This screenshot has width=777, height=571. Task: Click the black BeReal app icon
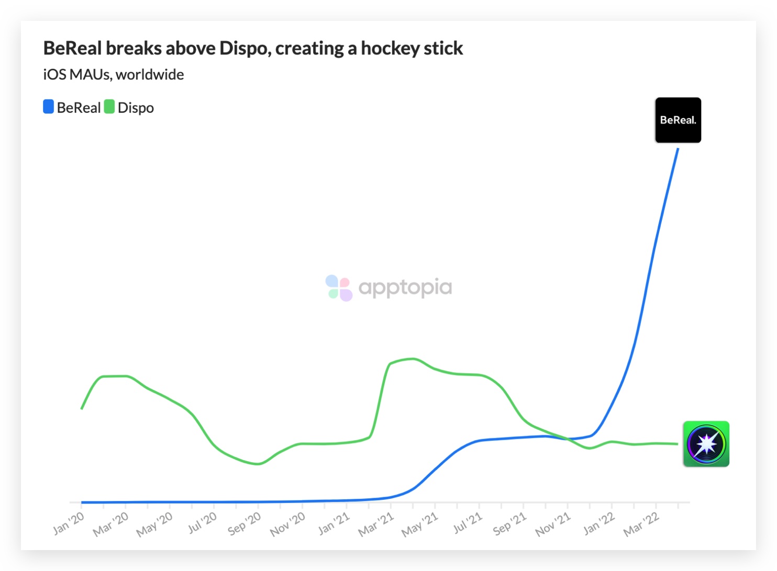678,120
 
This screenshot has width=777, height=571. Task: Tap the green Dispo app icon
706,444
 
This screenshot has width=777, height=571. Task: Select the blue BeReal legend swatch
48,107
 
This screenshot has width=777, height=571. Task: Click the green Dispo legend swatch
109,107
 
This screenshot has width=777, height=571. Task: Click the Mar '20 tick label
111,524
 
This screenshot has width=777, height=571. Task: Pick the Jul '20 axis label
203,523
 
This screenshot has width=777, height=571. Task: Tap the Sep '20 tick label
245,524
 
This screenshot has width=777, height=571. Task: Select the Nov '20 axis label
288,524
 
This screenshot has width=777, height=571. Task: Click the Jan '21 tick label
334,523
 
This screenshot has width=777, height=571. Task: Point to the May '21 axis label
420,524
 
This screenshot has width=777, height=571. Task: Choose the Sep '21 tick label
510,524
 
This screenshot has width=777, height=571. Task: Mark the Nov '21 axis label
553,524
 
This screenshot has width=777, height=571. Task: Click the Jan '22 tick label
600,523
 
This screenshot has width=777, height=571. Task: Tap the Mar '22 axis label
641,524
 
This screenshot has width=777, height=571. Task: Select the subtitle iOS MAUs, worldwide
114,75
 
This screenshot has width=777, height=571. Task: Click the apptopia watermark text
405,288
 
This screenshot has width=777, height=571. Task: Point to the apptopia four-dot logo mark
338,288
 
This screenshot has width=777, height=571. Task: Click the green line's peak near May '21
413,359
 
